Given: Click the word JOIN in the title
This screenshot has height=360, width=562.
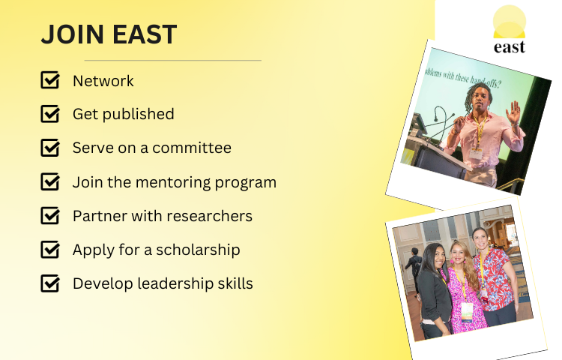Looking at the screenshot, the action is coord(73,34).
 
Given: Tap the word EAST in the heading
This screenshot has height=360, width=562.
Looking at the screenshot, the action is coord(145,34).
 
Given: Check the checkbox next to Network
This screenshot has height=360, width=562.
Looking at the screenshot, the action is coord(50,79).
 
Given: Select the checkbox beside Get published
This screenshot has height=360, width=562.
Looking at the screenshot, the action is coord(50,113).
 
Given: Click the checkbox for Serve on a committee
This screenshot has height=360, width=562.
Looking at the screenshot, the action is coord(50,147).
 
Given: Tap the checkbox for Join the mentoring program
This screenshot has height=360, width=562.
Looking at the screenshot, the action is coord(50,181).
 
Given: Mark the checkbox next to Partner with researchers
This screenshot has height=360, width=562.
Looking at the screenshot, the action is coord(50,215).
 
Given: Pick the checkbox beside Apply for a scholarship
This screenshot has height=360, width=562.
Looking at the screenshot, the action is coord(50,249).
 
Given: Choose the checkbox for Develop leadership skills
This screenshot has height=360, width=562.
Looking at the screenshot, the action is coord(50,283).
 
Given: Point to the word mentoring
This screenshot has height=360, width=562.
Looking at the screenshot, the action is coord(173,182).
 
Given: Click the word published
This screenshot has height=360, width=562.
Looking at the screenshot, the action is coord(139,115).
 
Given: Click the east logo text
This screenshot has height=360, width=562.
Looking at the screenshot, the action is coord(510,47).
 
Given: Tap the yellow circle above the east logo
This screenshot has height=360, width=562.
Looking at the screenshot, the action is coord(510,22).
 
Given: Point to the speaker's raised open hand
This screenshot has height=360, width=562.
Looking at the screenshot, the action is coord(513,112).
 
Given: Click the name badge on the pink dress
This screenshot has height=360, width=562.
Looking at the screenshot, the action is coord(467,311).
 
